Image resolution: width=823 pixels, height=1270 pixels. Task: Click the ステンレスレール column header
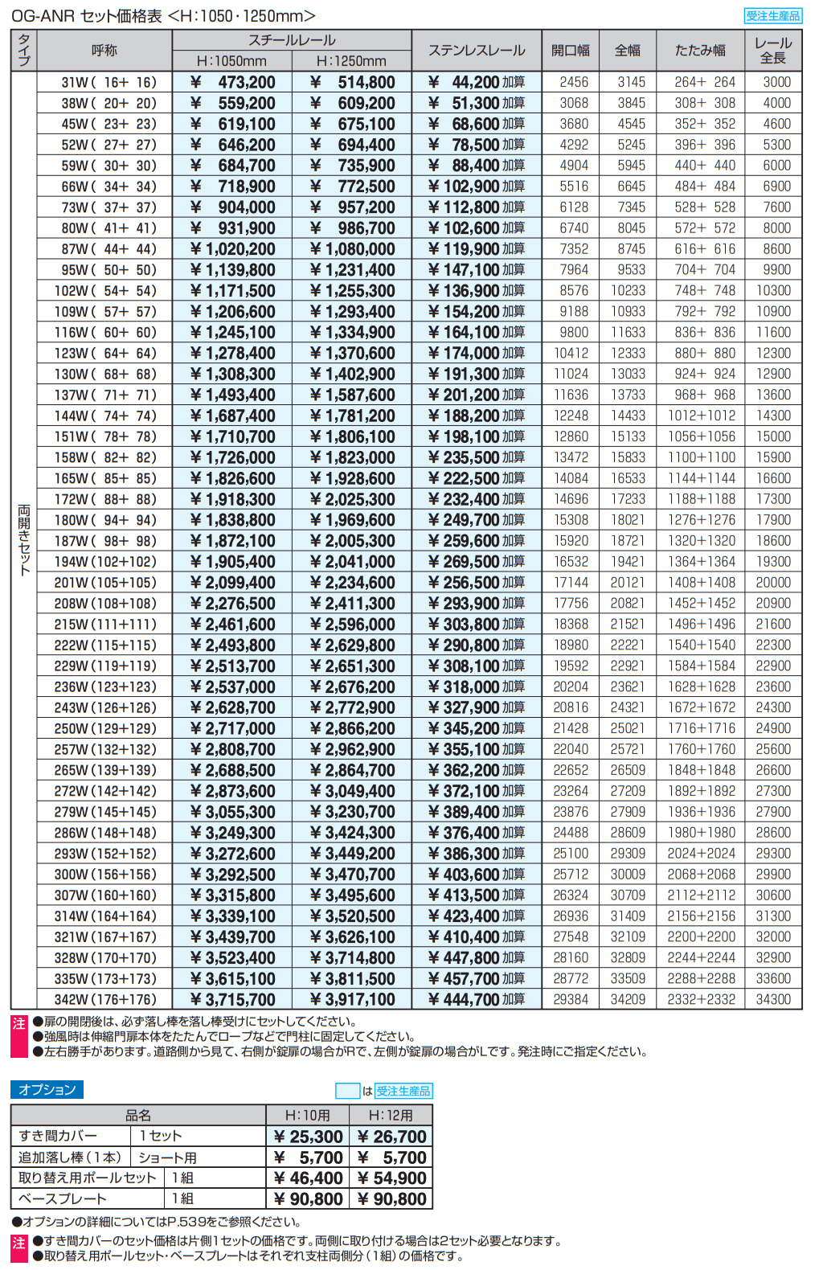[477, 51]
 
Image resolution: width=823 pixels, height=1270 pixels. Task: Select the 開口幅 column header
[571, 51]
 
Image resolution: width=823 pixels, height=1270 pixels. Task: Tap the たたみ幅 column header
[700, 51]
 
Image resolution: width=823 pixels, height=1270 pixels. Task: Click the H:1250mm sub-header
[351, 61]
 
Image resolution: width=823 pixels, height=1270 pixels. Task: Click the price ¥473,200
[233, 82]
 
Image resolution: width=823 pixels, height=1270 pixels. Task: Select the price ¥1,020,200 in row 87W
[233, 249]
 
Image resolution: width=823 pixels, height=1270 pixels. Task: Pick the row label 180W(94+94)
[105, 520]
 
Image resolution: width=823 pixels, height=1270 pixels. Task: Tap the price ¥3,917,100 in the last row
[353, 1000]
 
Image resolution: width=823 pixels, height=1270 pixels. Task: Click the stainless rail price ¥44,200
[477, 82]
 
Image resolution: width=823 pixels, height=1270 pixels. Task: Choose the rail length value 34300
[773, 1000]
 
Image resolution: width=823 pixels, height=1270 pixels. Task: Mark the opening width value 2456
[574, 82]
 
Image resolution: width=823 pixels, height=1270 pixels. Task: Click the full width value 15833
[628, 457]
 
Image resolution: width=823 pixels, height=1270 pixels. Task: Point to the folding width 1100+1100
[702, 457]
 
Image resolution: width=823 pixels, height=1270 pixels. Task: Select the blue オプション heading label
[47, 1090]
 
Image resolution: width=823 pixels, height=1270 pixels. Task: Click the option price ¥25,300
[309, 1137]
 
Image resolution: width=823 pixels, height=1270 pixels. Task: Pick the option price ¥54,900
[392, 1178]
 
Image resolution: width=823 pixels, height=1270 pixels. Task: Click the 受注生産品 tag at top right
[773, 16]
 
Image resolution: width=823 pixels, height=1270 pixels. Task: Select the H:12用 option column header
[391, 1116]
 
